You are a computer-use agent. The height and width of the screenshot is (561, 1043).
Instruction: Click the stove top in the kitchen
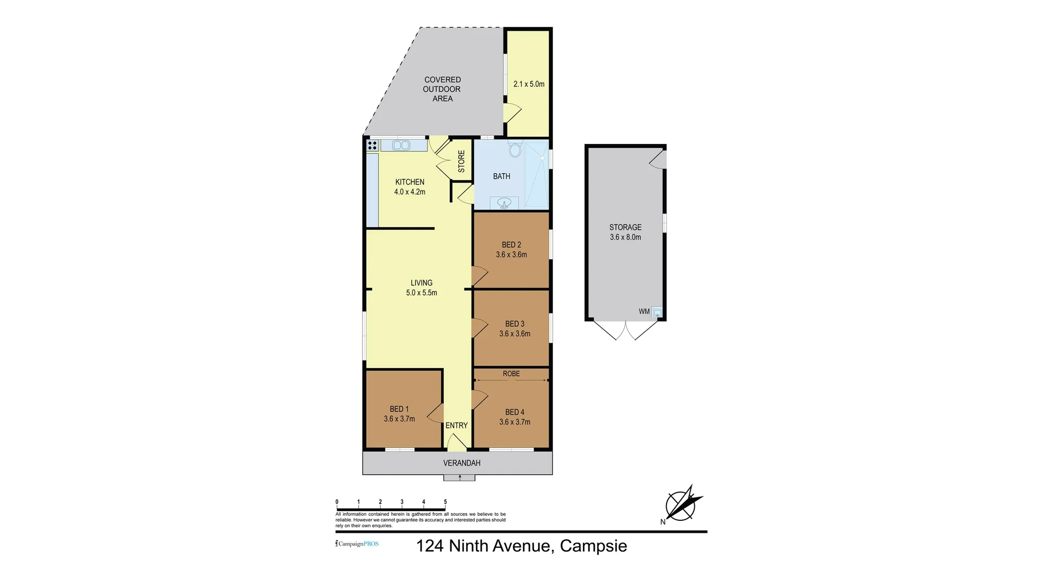click(x=372, y=145)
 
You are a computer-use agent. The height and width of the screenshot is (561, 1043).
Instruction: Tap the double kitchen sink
click(x=401, y=145)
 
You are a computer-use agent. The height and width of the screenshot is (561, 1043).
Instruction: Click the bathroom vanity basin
click(x=504, y=203)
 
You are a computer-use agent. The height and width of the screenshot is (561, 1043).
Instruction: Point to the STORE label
click(x=461, y=162)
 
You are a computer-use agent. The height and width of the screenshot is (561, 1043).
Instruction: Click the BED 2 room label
click(x=511, y=245)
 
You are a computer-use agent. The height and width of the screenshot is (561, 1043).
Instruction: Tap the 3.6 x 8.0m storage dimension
click(x=625, y=237)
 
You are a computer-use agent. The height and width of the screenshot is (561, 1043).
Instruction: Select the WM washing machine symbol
click(x=657, y=312)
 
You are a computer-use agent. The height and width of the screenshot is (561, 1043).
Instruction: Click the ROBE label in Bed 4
click(x=511, y=374)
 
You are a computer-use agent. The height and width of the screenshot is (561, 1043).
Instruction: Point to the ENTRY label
click(x=456, y=426)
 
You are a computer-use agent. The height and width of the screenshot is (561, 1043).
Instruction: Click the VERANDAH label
click(x=462, y=463)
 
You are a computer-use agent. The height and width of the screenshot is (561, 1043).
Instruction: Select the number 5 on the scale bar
click(x=445, y=502)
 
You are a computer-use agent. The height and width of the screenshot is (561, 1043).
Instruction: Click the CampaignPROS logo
click(x=357, y=544)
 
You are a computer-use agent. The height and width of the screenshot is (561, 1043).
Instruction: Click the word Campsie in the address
click(x=593, y=546)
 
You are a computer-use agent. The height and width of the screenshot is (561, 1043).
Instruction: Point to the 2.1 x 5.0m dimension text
click(x=529, y=84)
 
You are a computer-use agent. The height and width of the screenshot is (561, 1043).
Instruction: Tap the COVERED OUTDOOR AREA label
click(x=442, y=89)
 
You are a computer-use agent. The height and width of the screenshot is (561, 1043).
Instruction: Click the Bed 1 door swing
click(x=436, y=414)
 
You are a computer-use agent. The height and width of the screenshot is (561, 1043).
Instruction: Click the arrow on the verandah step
click(x=460, y=477)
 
